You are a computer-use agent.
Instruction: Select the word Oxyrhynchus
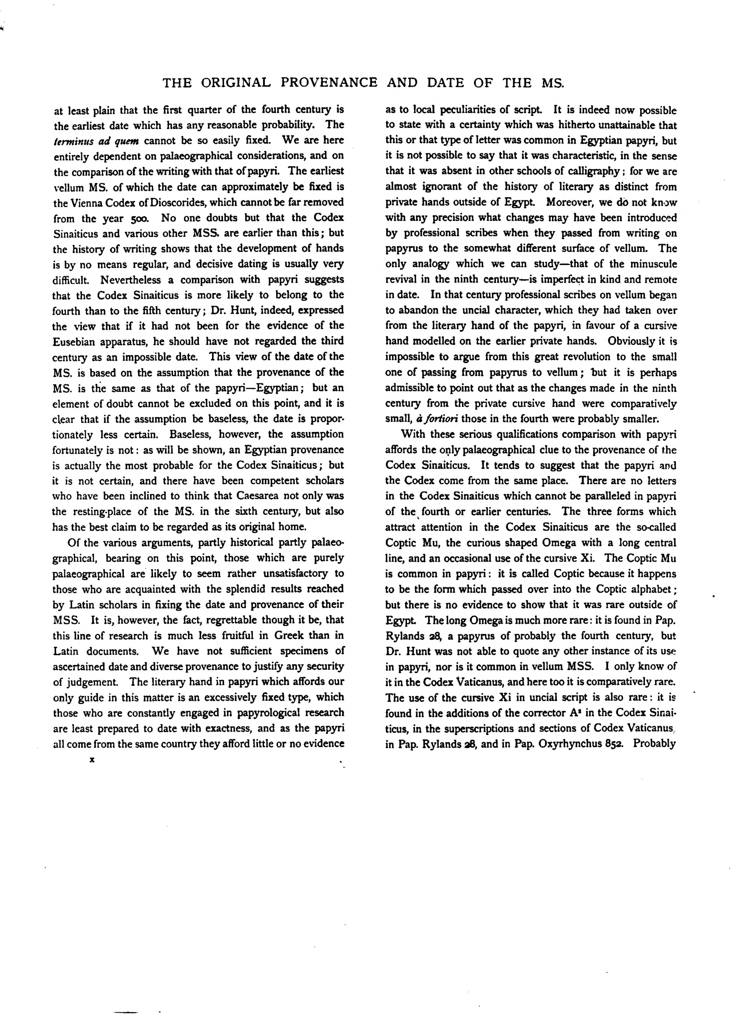click(567, 744)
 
